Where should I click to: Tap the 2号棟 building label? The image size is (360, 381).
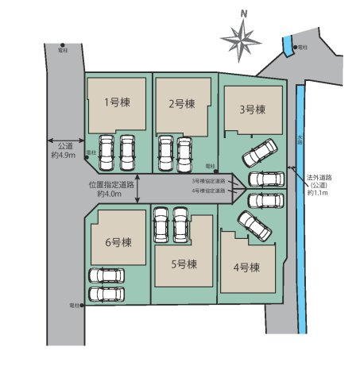point(181,104)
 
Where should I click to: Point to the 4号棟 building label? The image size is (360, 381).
point(247,267)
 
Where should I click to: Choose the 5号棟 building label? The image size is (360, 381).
point(182,264)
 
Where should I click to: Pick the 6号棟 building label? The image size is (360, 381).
point(118,242)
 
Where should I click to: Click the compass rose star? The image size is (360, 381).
point(242,37)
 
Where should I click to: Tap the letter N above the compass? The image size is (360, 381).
point(245,13)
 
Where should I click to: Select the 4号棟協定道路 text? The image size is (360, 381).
point(209,190)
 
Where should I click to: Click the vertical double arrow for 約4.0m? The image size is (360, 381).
point(138,188)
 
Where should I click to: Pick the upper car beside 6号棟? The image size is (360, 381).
point(106,275)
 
